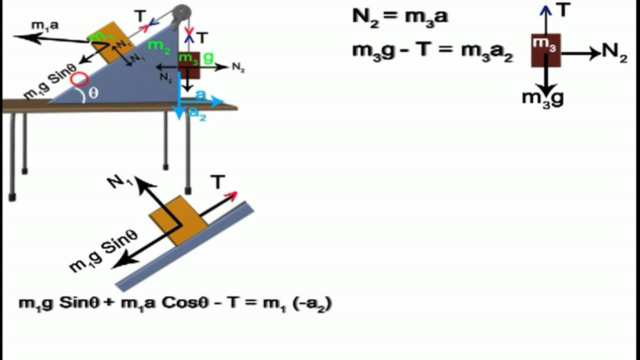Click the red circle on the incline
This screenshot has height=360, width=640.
79,79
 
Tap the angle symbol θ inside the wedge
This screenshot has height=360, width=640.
93,92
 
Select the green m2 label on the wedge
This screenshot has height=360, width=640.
159,45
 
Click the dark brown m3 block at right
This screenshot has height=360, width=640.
545,49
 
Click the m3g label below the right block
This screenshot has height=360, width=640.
542,97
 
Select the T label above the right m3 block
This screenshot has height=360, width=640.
563,10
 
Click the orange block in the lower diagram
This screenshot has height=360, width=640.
178,220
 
